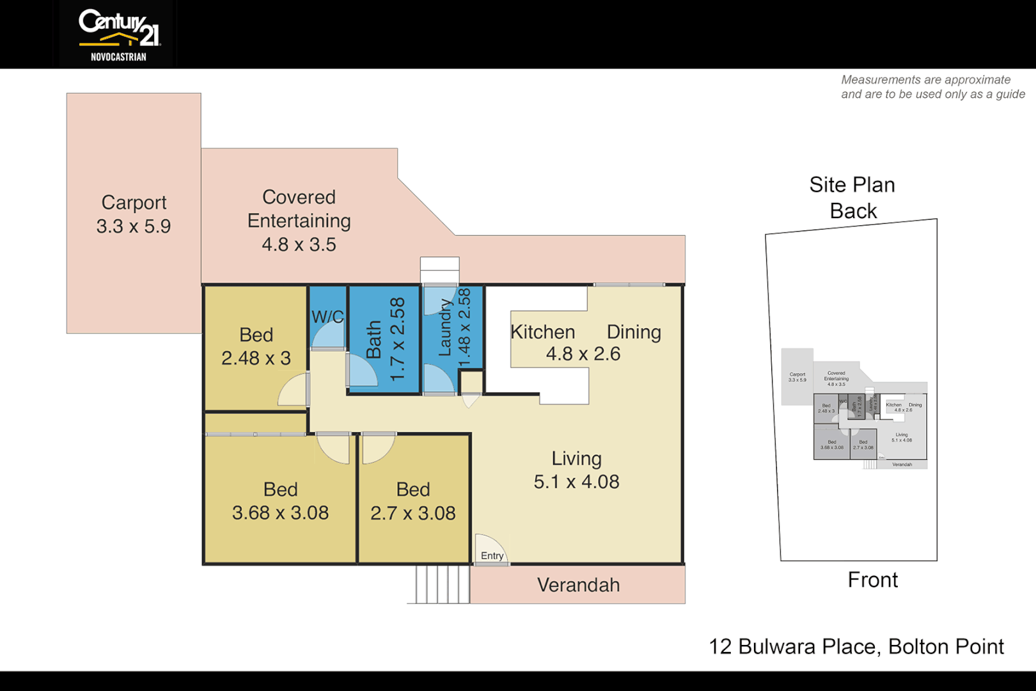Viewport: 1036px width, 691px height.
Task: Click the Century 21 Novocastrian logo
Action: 118,35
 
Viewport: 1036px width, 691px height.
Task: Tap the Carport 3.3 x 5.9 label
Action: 134,214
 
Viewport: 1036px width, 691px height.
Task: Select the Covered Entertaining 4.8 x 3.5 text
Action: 299,221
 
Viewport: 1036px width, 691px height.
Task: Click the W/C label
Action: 327,317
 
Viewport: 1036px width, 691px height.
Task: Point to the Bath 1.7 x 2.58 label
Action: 385,340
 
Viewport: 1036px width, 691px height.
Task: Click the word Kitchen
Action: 542,332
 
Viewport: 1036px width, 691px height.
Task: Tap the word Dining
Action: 633,332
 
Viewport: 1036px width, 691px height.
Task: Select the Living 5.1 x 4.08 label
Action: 576,470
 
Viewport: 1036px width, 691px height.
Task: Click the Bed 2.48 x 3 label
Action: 256,346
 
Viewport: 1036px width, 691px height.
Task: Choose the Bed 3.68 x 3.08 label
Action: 280,501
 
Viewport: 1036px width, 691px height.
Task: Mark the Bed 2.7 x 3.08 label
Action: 413,501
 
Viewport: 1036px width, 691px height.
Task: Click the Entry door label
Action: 492,555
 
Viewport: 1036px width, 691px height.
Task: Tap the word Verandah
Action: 578,585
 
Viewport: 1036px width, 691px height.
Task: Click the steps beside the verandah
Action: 441,584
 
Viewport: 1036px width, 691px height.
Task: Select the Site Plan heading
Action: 852,185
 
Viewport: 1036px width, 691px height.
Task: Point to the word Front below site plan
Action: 872,580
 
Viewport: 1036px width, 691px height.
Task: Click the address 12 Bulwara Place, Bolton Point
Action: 856,646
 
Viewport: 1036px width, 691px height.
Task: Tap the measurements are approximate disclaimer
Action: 932,87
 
